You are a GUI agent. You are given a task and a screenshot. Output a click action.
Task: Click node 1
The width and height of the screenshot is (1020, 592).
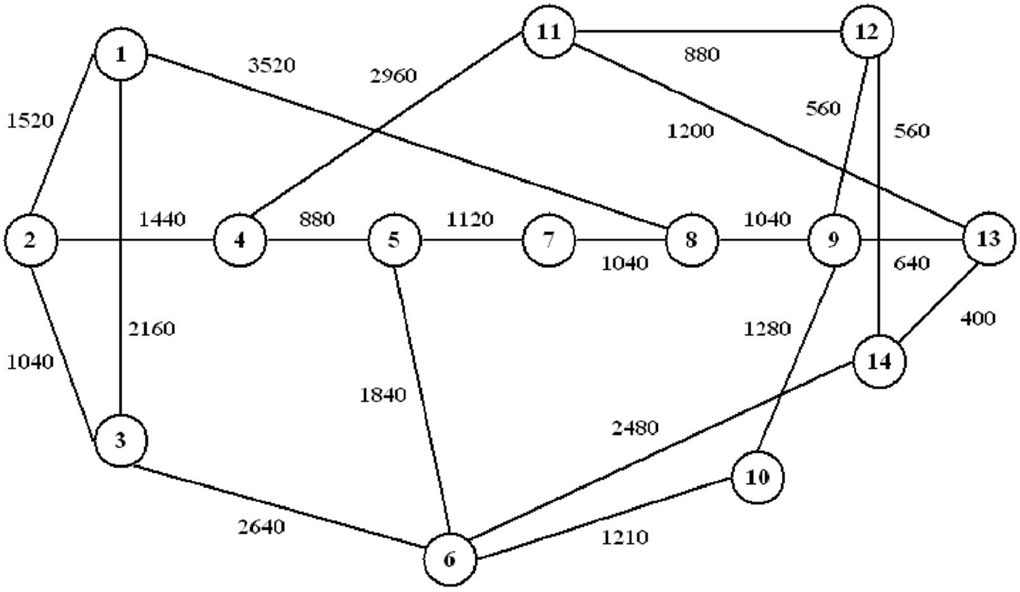point(121,54)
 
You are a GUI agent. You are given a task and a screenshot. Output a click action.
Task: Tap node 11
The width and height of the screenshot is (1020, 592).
point(548,32)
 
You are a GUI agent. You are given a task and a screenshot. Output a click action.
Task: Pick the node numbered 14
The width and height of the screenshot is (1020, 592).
point(879,362)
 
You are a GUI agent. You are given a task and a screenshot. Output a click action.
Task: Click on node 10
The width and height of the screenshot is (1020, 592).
point(757,477)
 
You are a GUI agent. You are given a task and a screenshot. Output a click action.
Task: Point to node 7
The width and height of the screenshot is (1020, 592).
point(548,240)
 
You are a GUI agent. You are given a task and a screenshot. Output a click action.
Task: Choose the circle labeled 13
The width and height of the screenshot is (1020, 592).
point(988,239)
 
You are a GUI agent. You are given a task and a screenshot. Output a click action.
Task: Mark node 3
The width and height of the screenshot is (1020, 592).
point(120,440)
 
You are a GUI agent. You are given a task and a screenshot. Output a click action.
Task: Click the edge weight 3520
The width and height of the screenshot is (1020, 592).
point(272,66)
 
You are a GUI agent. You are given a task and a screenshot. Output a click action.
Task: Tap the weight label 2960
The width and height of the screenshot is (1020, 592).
point(393,75)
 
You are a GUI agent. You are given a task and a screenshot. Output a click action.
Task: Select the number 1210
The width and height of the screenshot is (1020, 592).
point(625,538)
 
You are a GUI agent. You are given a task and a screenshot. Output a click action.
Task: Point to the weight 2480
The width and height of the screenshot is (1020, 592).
point(635,428)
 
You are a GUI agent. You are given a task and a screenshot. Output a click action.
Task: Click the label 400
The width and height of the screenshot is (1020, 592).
point(978,318)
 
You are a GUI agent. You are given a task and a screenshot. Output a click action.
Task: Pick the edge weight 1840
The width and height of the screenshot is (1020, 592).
point(383,394)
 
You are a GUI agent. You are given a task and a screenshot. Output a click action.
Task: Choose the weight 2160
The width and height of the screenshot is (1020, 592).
point(152,329)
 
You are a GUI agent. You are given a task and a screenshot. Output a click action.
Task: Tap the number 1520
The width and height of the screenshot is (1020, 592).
point(30,120)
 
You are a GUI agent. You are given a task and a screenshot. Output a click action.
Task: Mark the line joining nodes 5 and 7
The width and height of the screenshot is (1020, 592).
point(471,240)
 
